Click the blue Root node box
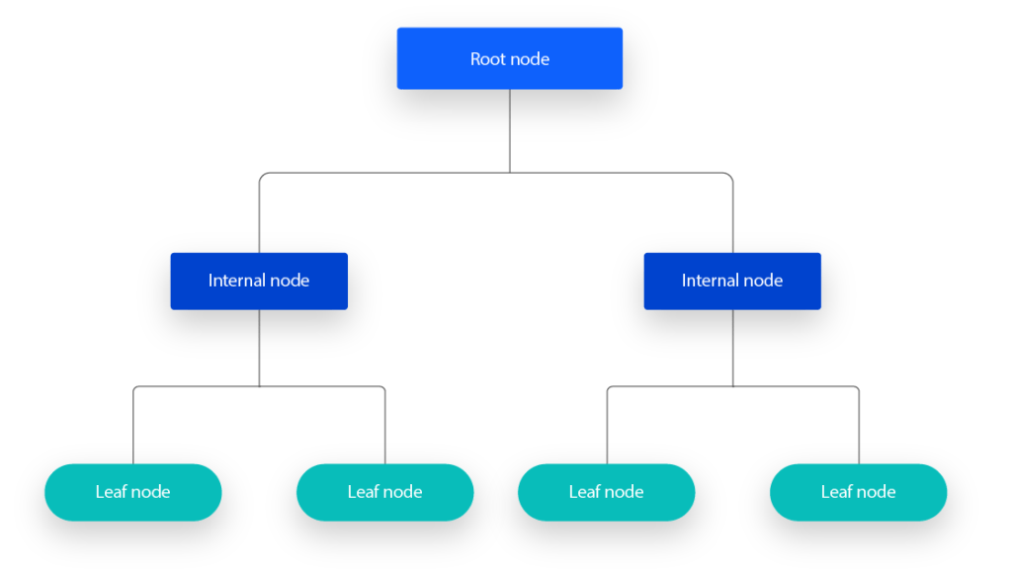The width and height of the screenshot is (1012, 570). point(509,58)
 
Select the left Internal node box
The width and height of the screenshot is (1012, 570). point(259,282)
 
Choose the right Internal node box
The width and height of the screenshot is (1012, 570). point(732,282)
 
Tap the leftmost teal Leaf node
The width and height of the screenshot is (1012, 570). point(132,492)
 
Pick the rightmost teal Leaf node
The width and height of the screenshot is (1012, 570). point(858,492)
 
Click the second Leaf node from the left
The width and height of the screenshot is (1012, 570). point(384,492)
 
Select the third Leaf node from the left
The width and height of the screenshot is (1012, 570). point(606,492)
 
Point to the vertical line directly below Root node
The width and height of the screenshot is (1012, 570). point(510,128)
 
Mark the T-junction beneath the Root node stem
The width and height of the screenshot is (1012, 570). point(510,173)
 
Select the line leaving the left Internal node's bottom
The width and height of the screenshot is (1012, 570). point(259,346)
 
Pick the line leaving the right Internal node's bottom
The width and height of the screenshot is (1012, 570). point(732,346)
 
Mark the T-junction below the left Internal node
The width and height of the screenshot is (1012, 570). point(259,386)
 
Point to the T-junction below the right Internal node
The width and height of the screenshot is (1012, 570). point(732,386)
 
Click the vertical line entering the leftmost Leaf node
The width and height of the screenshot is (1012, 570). point(133,430)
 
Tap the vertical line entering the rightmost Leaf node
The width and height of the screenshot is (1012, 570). point(859,430)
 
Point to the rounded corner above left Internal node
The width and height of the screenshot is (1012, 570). point(262,176)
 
